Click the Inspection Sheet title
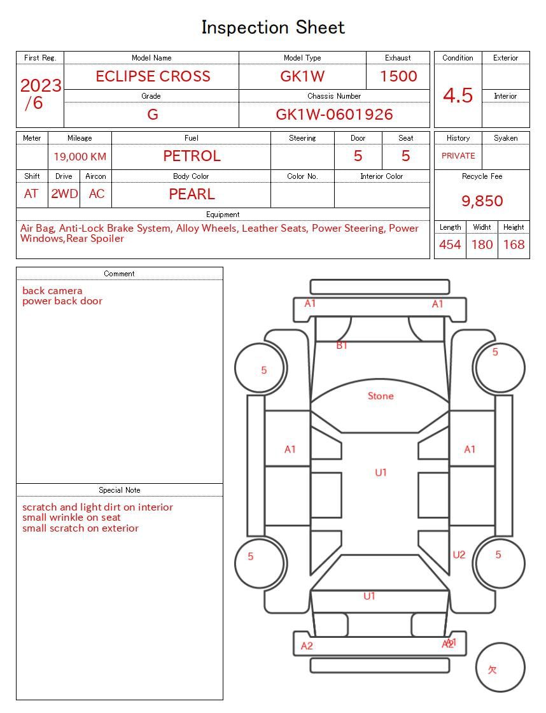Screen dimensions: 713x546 [x=273, y=27]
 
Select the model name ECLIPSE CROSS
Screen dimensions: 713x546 [x=153, y=76]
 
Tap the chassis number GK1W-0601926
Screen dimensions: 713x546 [x=334, y=115]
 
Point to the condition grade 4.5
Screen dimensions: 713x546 [x=458, y=95]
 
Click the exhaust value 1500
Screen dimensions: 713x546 [x=398, y=76]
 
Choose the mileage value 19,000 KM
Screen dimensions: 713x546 [x=80, y=157]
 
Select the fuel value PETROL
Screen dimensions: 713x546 [x=192, y=156]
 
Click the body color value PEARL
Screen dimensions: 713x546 [x=192, y=194]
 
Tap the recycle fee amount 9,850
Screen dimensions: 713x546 [x=482, y=201]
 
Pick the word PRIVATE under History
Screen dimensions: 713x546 [x=458, y=156]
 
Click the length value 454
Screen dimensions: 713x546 [x=450, y=244]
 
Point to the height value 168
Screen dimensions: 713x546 [x=514, y=244]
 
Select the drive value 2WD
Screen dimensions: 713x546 [x=64, y=194]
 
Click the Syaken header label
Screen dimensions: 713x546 [x=505, y=138]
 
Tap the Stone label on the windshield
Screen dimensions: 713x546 [x=381, y=396]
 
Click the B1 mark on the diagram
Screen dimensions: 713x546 [x=342, y=346]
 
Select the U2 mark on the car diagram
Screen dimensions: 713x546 [x=459, y=555]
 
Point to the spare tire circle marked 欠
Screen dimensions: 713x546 [x=500, y=668]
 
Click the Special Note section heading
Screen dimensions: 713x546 [x=120, y=490]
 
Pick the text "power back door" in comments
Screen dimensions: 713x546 [x=62, y=301]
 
